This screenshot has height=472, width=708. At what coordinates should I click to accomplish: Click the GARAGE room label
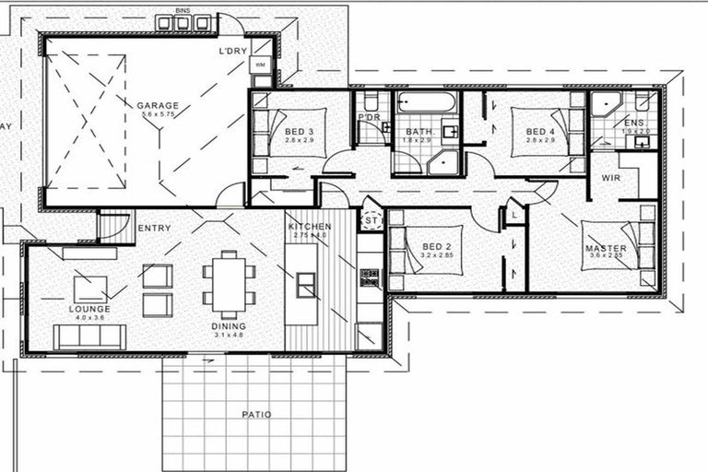[x=158, y=105]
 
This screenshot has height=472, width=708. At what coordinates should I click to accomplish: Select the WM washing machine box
[x=259, y=65]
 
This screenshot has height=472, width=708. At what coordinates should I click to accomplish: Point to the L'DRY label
[x=232, y=51]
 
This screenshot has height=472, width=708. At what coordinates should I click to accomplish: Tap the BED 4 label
[x=540, y=132]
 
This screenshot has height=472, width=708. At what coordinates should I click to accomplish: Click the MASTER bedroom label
[x=606, y=249]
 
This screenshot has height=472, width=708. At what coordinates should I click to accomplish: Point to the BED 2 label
[x=435, y=246]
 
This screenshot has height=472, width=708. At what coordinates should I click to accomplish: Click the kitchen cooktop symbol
[x=370, y=276]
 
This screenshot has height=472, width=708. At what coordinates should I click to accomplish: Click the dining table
[x=229, y=280]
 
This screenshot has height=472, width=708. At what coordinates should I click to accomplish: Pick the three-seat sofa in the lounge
[x=89, y=337]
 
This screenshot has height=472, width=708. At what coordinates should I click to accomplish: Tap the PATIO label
[x=256, y=415]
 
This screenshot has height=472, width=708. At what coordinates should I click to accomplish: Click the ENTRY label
[x=154, y=228]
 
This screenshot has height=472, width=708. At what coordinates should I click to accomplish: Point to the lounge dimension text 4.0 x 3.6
[x=89, y=318]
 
